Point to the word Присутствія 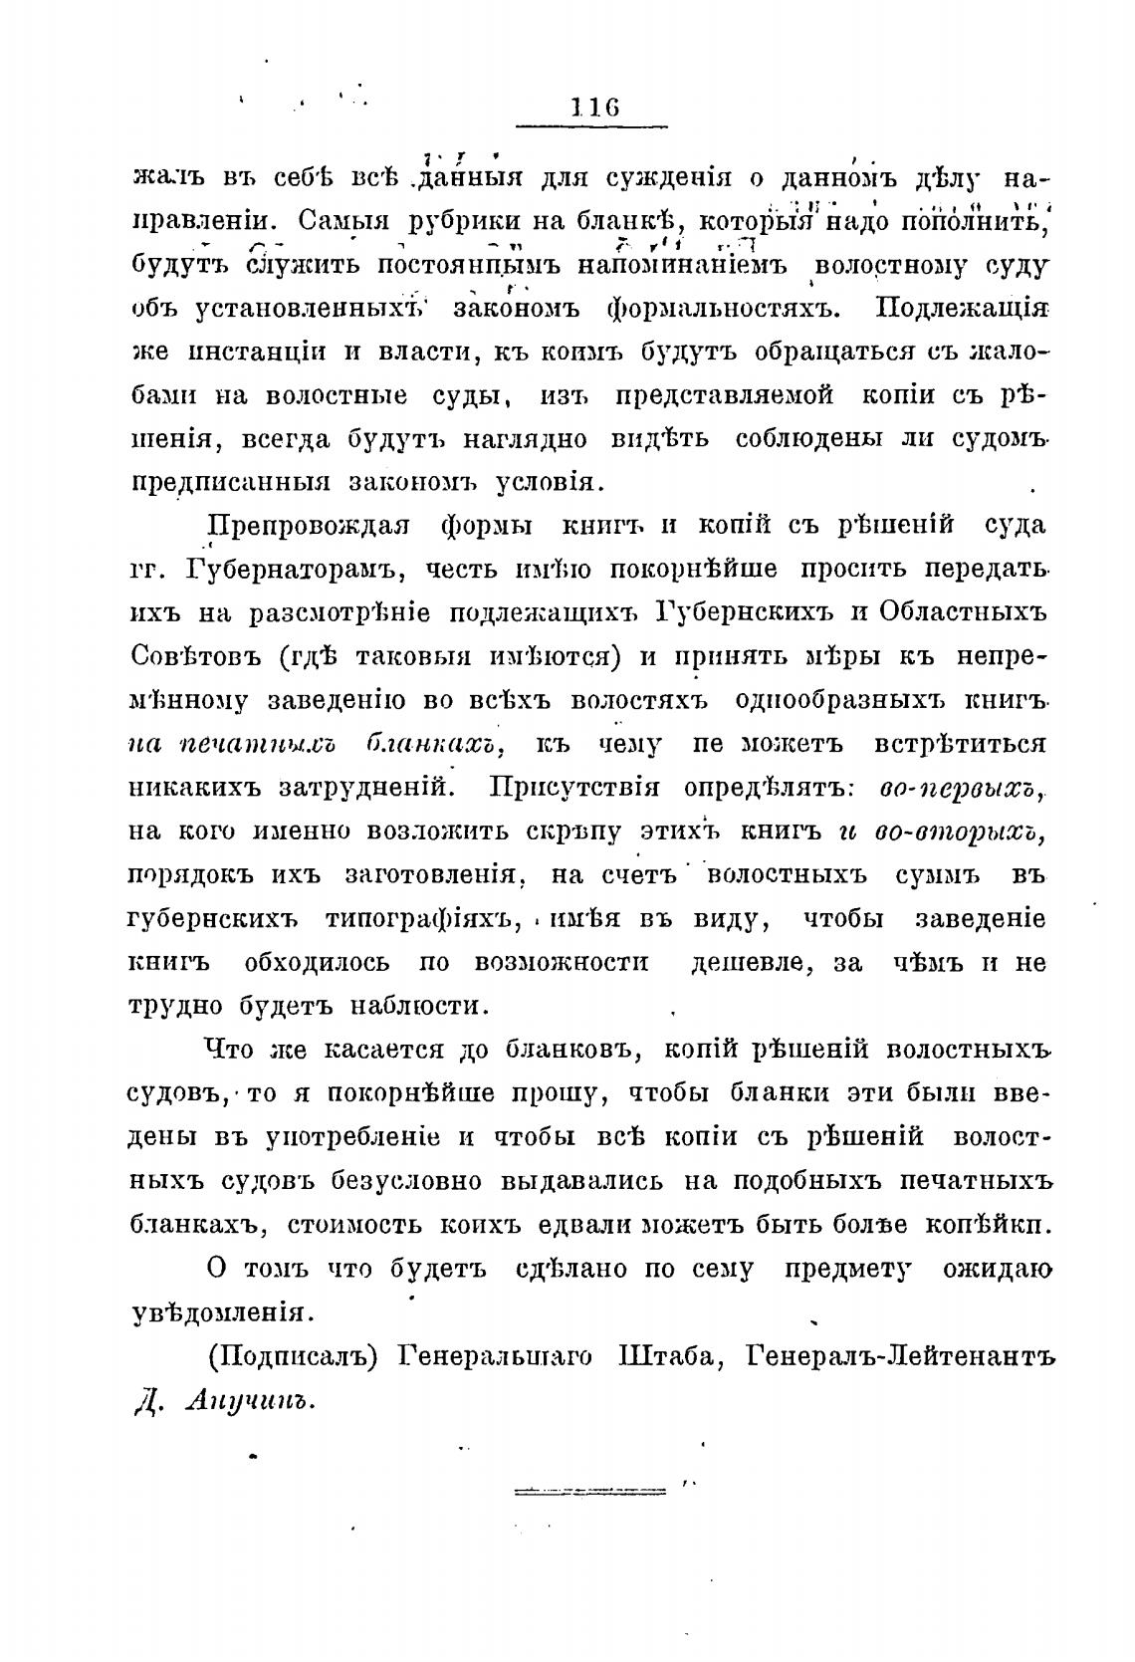pyautogui.click(x=574, y=787)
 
